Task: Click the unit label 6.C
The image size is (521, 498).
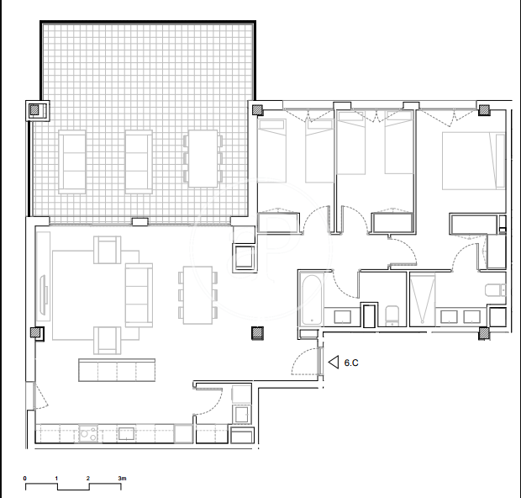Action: [351, 363]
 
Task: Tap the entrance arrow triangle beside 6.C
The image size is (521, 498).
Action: [334, 362]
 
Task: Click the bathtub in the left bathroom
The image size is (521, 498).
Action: [312, 299]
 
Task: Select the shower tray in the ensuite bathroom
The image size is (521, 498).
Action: [423, 299]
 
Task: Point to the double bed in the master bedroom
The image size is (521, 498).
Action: [474, 161]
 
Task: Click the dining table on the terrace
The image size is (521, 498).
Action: [203, 158]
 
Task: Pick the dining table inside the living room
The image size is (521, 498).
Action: [197, 295]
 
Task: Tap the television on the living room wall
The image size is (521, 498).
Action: [44, 294]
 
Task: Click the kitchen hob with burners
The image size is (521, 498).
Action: [88, 433]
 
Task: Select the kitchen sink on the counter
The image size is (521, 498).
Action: [127, 433]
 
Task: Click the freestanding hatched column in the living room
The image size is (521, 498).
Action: [257, 333]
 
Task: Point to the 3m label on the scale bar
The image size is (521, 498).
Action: [123, 479]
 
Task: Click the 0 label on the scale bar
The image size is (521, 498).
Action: [25, 479]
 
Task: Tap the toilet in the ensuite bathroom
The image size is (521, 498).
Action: [496, 290]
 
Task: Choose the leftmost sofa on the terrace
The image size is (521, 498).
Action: [72, 162]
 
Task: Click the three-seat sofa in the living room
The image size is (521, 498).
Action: [139, 295]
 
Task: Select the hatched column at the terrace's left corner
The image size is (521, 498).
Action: [34, 110]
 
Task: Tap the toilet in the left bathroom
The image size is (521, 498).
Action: [392, 315]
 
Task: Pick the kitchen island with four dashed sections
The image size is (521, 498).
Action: [117, 370]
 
